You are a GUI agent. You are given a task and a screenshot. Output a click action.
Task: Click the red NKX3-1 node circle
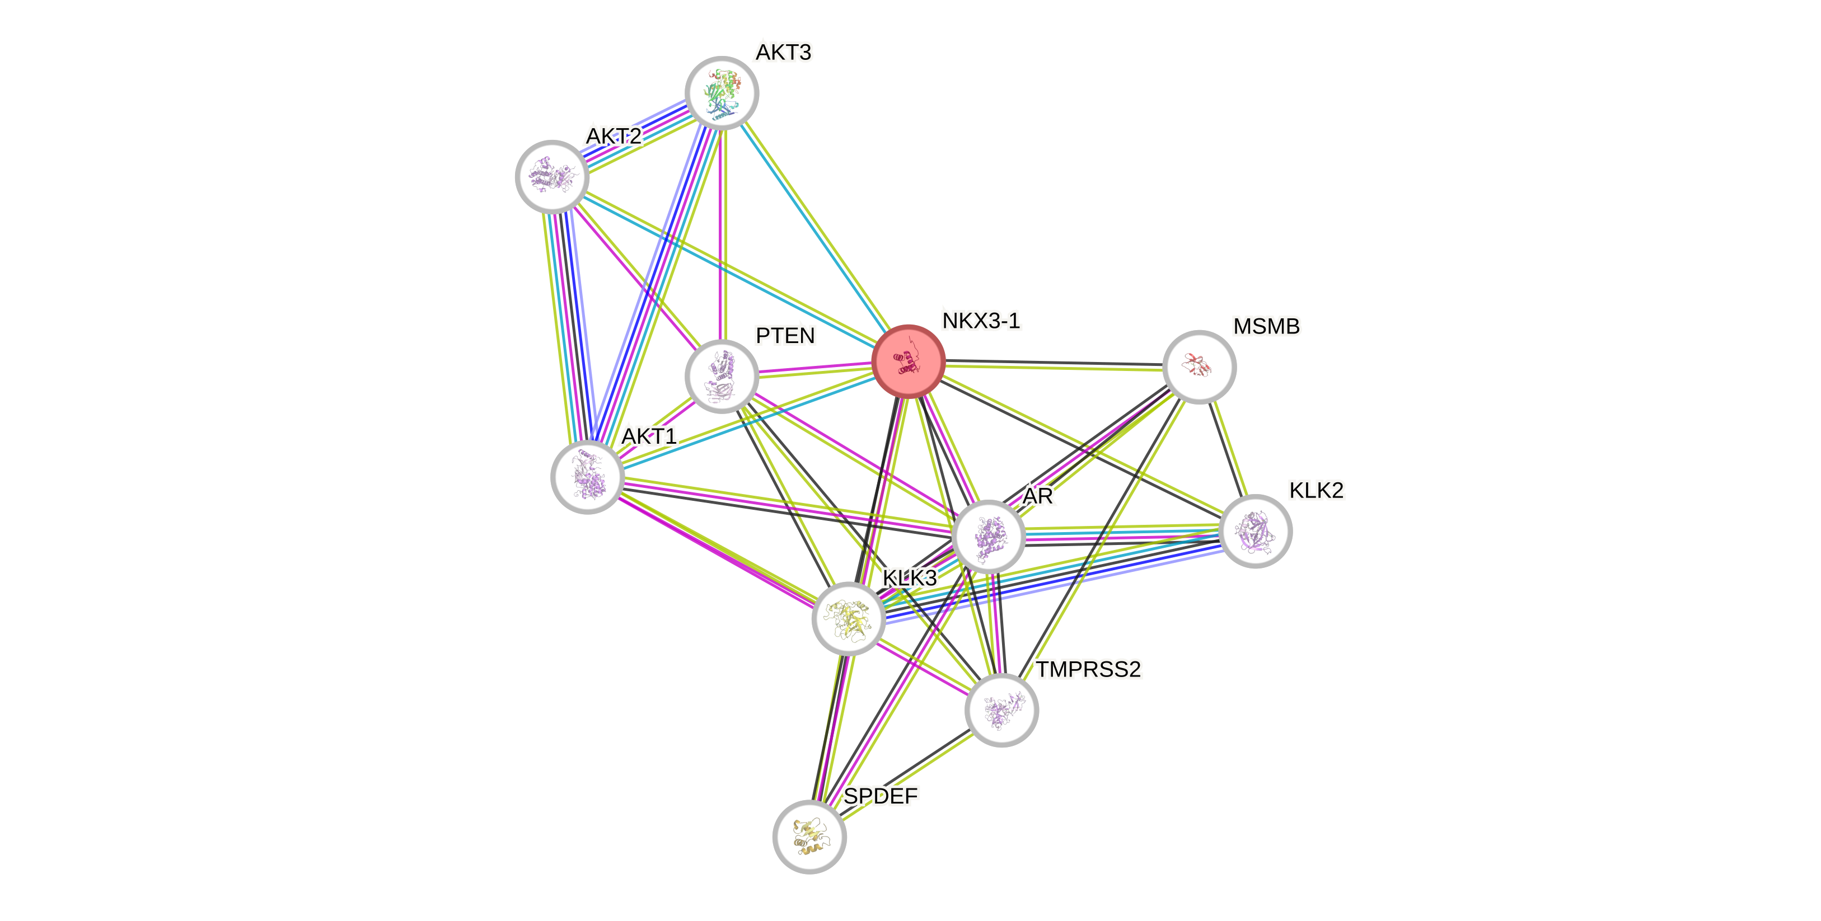point(909,361)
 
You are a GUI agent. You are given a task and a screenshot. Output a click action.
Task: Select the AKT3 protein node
point(722,92)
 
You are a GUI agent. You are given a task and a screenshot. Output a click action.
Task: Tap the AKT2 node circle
point(552,177)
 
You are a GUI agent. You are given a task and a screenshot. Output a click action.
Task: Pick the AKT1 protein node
point(587,477)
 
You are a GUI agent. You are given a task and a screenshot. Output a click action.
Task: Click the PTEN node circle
point(722,375)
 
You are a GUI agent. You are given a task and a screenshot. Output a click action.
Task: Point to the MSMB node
point(1199,367)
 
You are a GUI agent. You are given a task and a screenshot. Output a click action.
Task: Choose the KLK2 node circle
point(1256,532)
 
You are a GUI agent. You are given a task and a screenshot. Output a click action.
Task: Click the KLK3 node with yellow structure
point(848,618)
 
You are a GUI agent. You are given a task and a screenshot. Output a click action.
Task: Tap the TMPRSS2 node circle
point(1001,709)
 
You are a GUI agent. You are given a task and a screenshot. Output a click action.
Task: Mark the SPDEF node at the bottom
point(809,837)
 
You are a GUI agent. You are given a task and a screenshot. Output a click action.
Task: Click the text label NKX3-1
point(981,321)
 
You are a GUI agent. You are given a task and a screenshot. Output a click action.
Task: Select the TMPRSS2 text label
point(1088,669)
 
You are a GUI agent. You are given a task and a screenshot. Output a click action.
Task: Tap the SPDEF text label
point(881,796)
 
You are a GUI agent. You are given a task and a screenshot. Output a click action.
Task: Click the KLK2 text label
point(1316,490)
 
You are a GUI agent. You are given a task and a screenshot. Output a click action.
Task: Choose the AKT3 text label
point(783,52)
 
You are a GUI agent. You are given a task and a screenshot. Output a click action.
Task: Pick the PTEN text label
point(785,335)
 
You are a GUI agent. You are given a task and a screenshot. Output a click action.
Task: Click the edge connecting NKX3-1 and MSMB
point(1054,365)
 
